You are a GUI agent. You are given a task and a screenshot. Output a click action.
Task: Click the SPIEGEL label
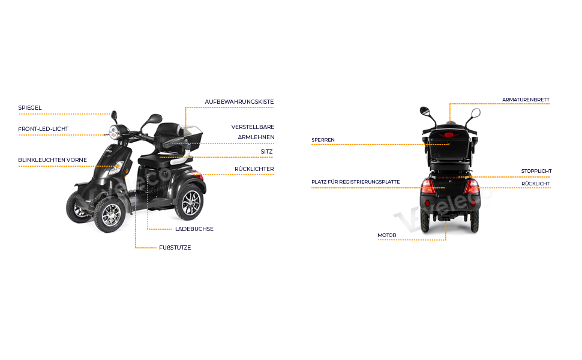tap(30, 108)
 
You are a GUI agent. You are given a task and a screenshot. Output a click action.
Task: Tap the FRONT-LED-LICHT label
tap(43, 129)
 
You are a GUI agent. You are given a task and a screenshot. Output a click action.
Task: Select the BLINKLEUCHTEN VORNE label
tap(53, 160)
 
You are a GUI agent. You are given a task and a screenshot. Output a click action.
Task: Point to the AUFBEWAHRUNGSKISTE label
tap(239, 102)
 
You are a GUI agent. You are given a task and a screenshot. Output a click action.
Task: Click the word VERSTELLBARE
tap(253, 127)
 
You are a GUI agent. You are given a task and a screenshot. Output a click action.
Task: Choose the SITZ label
tap(266, 152)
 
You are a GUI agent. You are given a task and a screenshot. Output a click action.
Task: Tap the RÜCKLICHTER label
tap(254, 169)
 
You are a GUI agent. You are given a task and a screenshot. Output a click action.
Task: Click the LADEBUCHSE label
tap(194, 229)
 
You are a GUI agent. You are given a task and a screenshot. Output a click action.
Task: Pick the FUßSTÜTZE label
tap(175, 247)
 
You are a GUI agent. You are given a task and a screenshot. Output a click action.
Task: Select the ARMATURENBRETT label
tap(526, 100)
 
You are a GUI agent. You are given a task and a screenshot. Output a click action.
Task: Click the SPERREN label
tap(323, 140)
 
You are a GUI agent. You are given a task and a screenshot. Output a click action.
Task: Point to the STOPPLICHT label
tap(536, 171)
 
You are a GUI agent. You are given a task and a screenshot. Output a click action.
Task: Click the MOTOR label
tap(386, 235)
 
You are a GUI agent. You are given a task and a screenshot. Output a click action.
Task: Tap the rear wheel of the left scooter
tap(191, 201)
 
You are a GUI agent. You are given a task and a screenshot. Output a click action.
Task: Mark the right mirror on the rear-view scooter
tap(476, 112)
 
